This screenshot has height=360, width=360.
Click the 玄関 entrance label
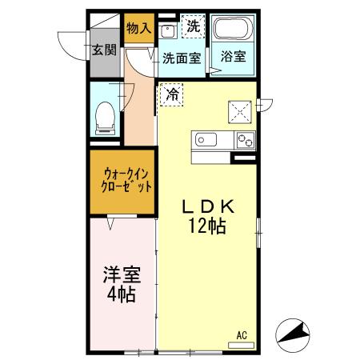104,50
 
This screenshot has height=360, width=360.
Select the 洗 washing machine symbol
192,26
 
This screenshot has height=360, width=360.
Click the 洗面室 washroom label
181,58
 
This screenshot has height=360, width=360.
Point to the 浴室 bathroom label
233,58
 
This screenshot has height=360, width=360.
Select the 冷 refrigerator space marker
172,94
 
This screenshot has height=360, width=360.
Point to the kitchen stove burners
243,142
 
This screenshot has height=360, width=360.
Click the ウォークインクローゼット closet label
121,183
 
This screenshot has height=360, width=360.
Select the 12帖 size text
207,226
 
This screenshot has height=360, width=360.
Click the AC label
241,334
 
